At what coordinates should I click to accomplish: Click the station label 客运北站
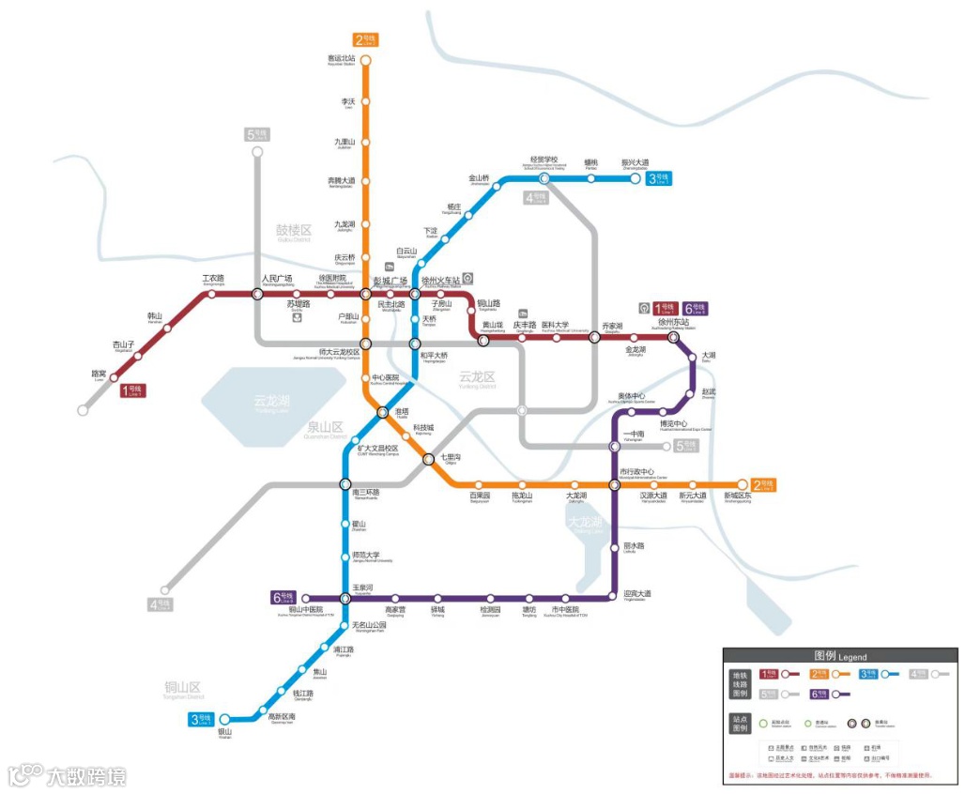[x=341, y=58]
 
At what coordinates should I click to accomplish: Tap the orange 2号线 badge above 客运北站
[x=365, y=39]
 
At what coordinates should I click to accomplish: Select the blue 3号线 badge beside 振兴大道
[x=659, y=178]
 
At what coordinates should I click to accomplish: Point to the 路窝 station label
[x=99, y=374]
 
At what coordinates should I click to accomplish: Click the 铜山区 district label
[x=183, y=687]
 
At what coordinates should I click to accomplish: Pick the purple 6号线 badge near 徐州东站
[x=696, y=308]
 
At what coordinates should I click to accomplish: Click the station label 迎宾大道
[x=636, y=593]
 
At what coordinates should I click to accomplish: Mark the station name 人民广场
[x=277, y=279]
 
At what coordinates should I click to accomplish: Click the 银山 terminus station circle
[x=224, y=720]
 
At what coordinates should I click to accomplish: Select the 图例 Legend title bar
[x=839, y=656]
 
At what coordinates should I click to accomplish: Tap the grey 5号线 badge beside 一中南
[x=687, y=446]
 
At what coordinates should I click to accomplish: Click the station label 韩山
[x=155, y=316]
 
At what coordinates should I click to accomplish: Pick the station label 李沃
[x=348, y=100]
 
